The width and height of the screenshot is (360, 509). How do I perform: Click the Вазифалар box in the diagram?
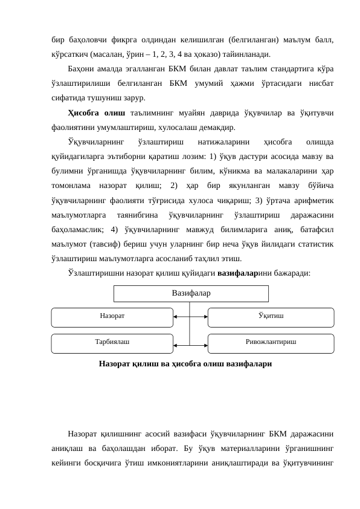point(191,293)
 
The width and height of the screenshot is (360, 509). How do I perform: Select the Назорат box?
point(112,316)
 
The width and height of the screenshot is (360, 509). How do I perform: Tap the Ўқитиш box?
point(271,316)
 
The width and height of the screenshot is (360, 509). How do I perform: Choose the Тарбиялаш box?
point(112,342)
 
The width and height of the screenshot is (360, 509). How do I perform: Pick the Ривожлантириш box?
point(271,342)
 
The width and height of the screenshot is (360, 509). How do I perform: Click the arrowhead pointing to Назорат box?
point(175,316)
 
